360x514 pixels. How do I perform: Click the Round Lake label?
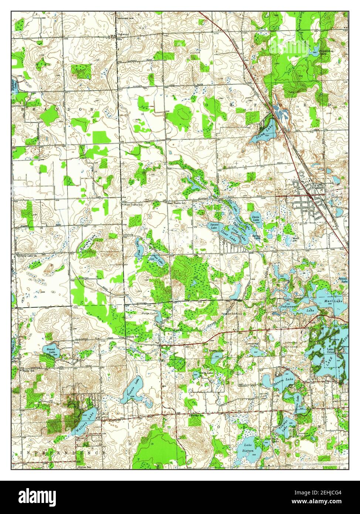tap(51, 350)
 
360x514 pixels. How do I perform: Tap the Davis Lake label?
tap(255, 219)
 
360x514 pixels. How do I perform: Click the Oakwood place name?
tap(123, 34)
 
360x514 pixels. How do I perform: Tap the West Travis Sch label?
tap(133, 204)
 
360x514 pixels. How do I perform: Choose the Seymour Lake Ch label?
tap(26, 256)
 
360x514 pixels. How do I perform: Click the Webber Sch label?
tap(196, 415)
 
